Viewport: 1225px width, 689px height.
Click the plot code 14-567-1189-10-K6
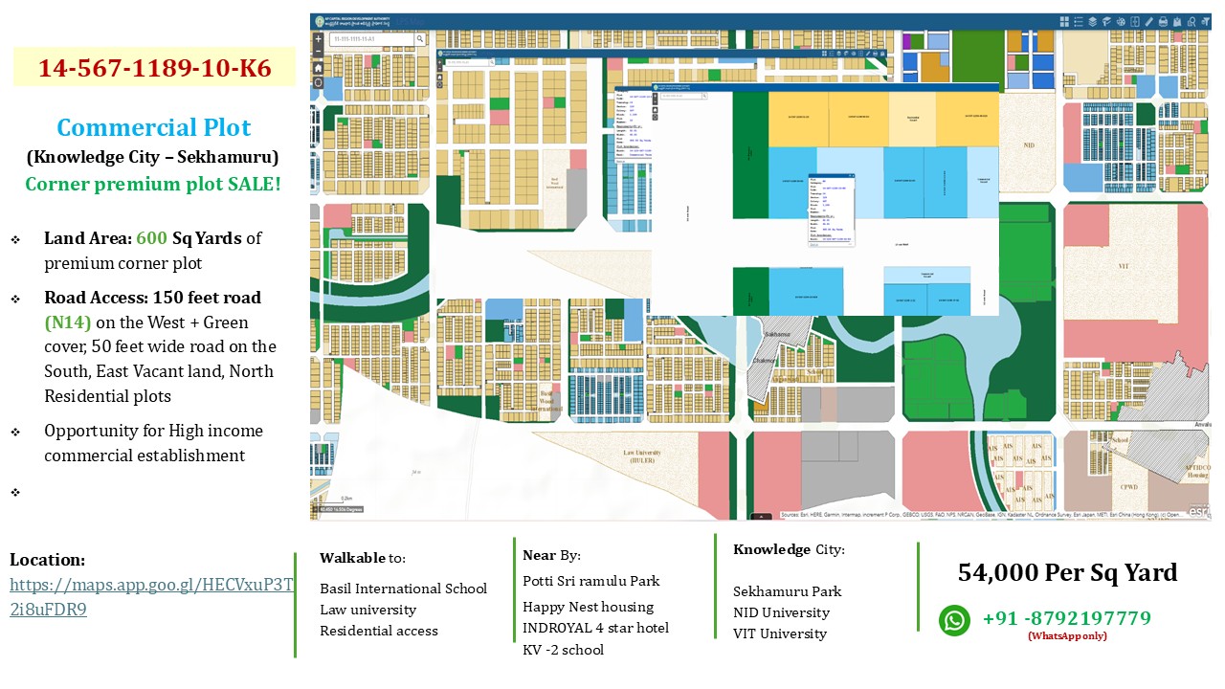coord(154,68)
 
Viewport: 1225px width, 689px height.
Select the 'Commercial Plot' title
coord(154,127)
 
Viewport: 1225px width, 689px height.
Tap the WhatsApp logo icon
coord(954,620)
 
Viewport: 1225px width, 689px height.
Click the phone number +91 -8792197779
coord(1066,618)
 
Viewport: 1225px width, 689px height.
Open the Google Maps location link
coord(151,597)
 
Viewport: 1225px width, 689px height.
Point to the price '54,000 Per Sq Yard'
coord(1067,572)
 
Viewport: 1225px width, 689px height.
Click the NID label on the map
coord(1029,145)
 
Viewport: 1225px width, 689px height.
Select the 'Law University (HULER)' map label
coord(643,456)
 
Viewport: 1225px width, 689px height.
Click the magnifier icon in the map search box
coord(420,39)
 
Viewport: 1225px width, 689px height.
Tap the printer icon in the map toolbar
coord(1163,21)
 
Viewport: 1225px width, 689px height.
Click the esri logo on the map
coord(1198,512)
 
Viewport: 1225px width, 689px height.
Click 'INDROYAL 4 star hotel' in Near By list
coord(595,628)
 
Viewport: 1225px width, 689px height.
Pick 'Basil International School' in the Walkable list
coord(403,589)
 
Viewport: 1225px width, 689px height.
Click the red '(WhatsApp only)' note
coord(1067,636)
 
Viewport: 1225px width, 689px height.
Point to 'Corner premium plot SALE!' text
coord(153,184)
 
